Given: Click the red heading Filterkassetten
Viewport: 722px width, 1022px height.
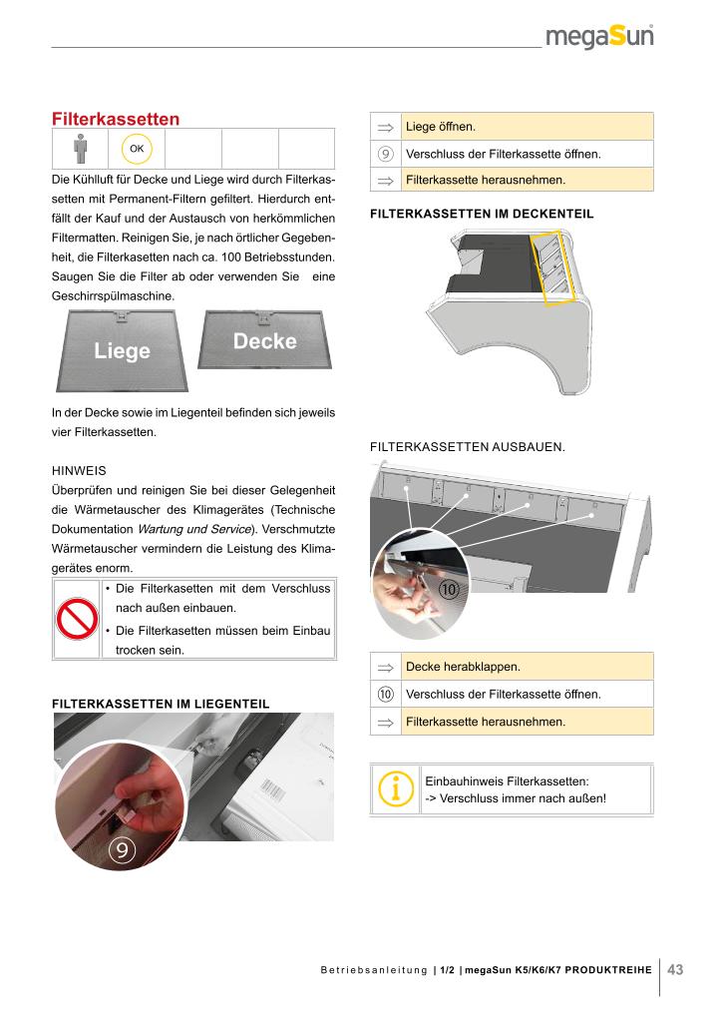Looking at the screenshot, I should (x=116, y=119).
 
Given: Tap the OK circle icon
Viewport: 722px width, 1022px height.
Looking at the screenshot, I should (x=137, y=149).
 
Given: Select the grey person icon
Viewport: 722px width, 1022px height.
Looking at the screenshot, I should (x=80, y=149).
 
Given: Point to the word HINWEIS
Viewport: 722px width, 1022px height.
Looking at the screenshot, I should (x=78, y=469).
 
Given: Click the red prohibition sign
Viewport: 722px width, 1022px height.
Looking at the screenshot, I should (x=76, y=620).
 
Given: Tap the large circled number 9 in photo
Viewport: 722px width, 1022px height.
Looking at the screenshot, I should (x=122, y=850).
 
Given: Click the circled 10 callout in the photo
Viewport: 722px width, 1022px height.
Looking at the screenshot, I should (x=449, y=590).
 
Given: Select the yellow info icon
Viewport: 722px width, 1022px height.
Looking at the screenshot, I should (x=396, y=789).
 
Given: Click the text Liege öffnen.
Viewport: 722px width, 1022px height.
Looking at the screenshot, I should (x=440, y=127).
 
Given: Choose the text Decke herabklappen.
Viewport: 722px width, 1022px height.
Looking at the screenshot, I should (x=464, y=666).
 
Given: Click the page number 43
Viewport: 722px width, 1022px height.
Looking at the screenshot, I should (x=674, y=969).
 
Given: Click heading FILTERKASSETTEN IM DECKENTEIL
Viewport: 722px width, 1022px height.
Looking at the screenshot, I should (x=482, y=214).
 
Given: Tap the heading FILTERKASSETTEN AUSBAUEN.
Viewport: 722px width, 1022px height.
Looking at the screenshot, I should (x=467, y=447).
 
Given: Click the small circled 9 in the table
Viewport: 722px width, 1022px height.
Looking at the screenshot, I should (x=385, y=155).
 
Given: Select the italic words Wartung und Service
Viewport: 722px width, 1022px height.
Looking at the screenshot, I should (x=193, y=528).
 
